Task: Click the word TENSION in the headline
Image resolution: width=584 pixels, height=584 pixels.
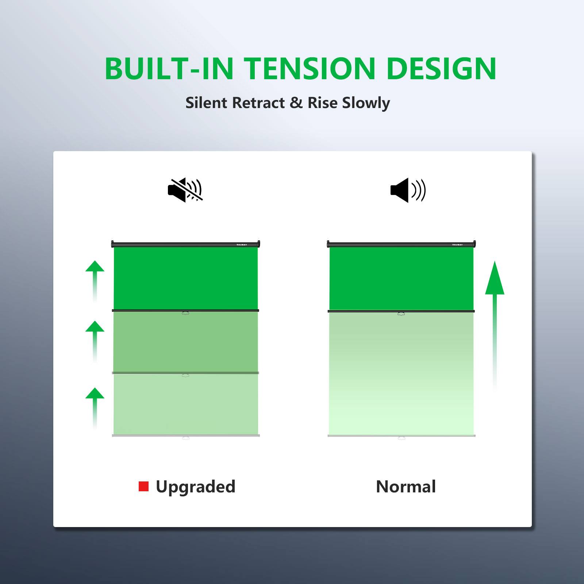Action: pos(310,69)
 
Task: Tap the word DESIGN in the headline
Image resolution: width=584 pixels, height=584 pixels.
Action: pos(441,69)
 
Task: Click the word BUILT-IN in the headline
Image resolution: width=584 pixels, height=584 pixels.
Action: pos(169,69)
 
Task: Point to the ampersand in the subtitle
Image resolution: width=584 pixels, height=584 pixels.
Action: pos(296,103)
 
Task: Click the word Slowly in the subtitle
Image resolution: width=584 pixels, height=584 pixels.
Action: pos(366,103)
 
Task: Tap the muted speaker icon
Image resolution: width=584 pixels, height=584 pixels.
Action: pos(185,190)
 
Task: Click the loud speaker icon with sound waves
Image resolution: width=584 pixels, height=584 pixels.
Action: pos(408,190)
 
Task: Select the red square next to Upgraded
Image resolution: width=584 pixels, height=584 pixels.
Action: pos(143,486)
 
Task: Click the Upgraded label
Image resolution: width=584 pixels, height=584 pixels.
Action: pos(195,487)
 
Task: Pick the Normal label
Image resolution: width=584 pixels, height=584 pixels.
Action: pos(406,487)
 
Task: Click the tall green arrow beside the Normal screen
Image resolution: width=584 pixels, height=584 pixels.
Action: pos(495,321)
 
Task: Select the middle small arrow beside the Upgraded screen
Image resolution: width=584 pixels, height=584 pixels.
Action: pos(95,339)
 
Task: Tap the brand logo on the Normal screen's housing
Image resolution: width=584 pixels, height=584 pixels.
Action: pos(457,245)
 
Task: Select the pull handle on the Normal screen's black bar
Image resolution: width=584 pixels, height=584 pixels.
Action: pos(401,314)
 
